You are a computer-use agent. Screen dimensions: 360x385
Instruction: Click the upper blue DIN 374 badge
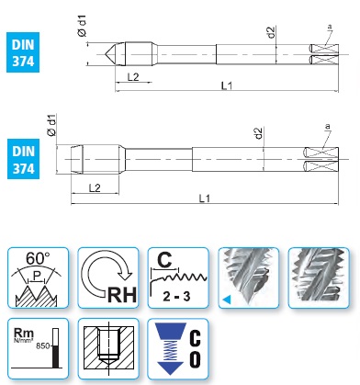[x=23, y=52]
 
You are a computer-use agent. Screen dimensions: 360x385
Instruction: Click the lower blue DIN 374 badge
[x=23, y=159]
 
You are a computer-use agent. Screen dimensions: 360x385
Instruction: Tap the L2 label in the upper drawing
[x=133, y=77]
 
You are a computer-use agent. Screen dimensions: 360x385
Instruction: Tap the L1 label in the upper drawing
[x=227, y=85]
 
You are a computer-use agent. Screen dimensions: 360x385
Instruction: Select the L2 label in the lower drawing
[x=95, y=187]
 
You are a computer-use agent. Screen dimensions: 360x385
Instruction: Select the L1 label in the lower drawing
[x=205, y=198]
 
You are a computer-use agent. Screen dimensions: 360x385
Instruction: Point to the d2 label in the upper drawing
[x=272, y=32]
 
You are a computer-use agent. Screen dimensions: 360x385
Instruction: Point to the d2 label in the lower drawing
[x=259, y=133]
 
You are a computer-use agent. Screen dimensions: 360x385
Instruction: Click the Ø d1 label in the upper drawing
[x=83, y=26]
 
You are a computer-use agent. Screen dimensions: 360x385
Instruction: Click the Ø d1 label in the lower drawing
[x=52, y=125]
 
